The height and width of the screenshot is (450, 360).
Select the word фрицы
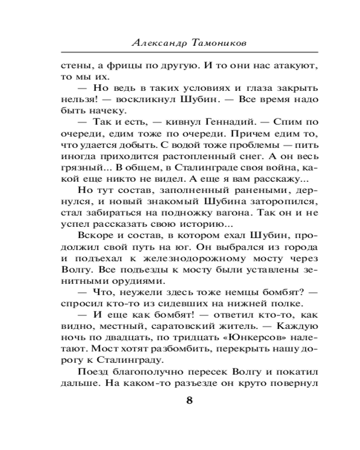[116, 65]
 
